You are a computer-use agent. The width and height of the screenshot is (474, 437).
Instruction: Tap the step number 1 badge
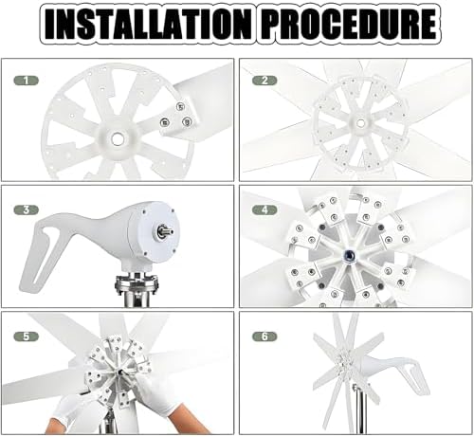tap(27, 81)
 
